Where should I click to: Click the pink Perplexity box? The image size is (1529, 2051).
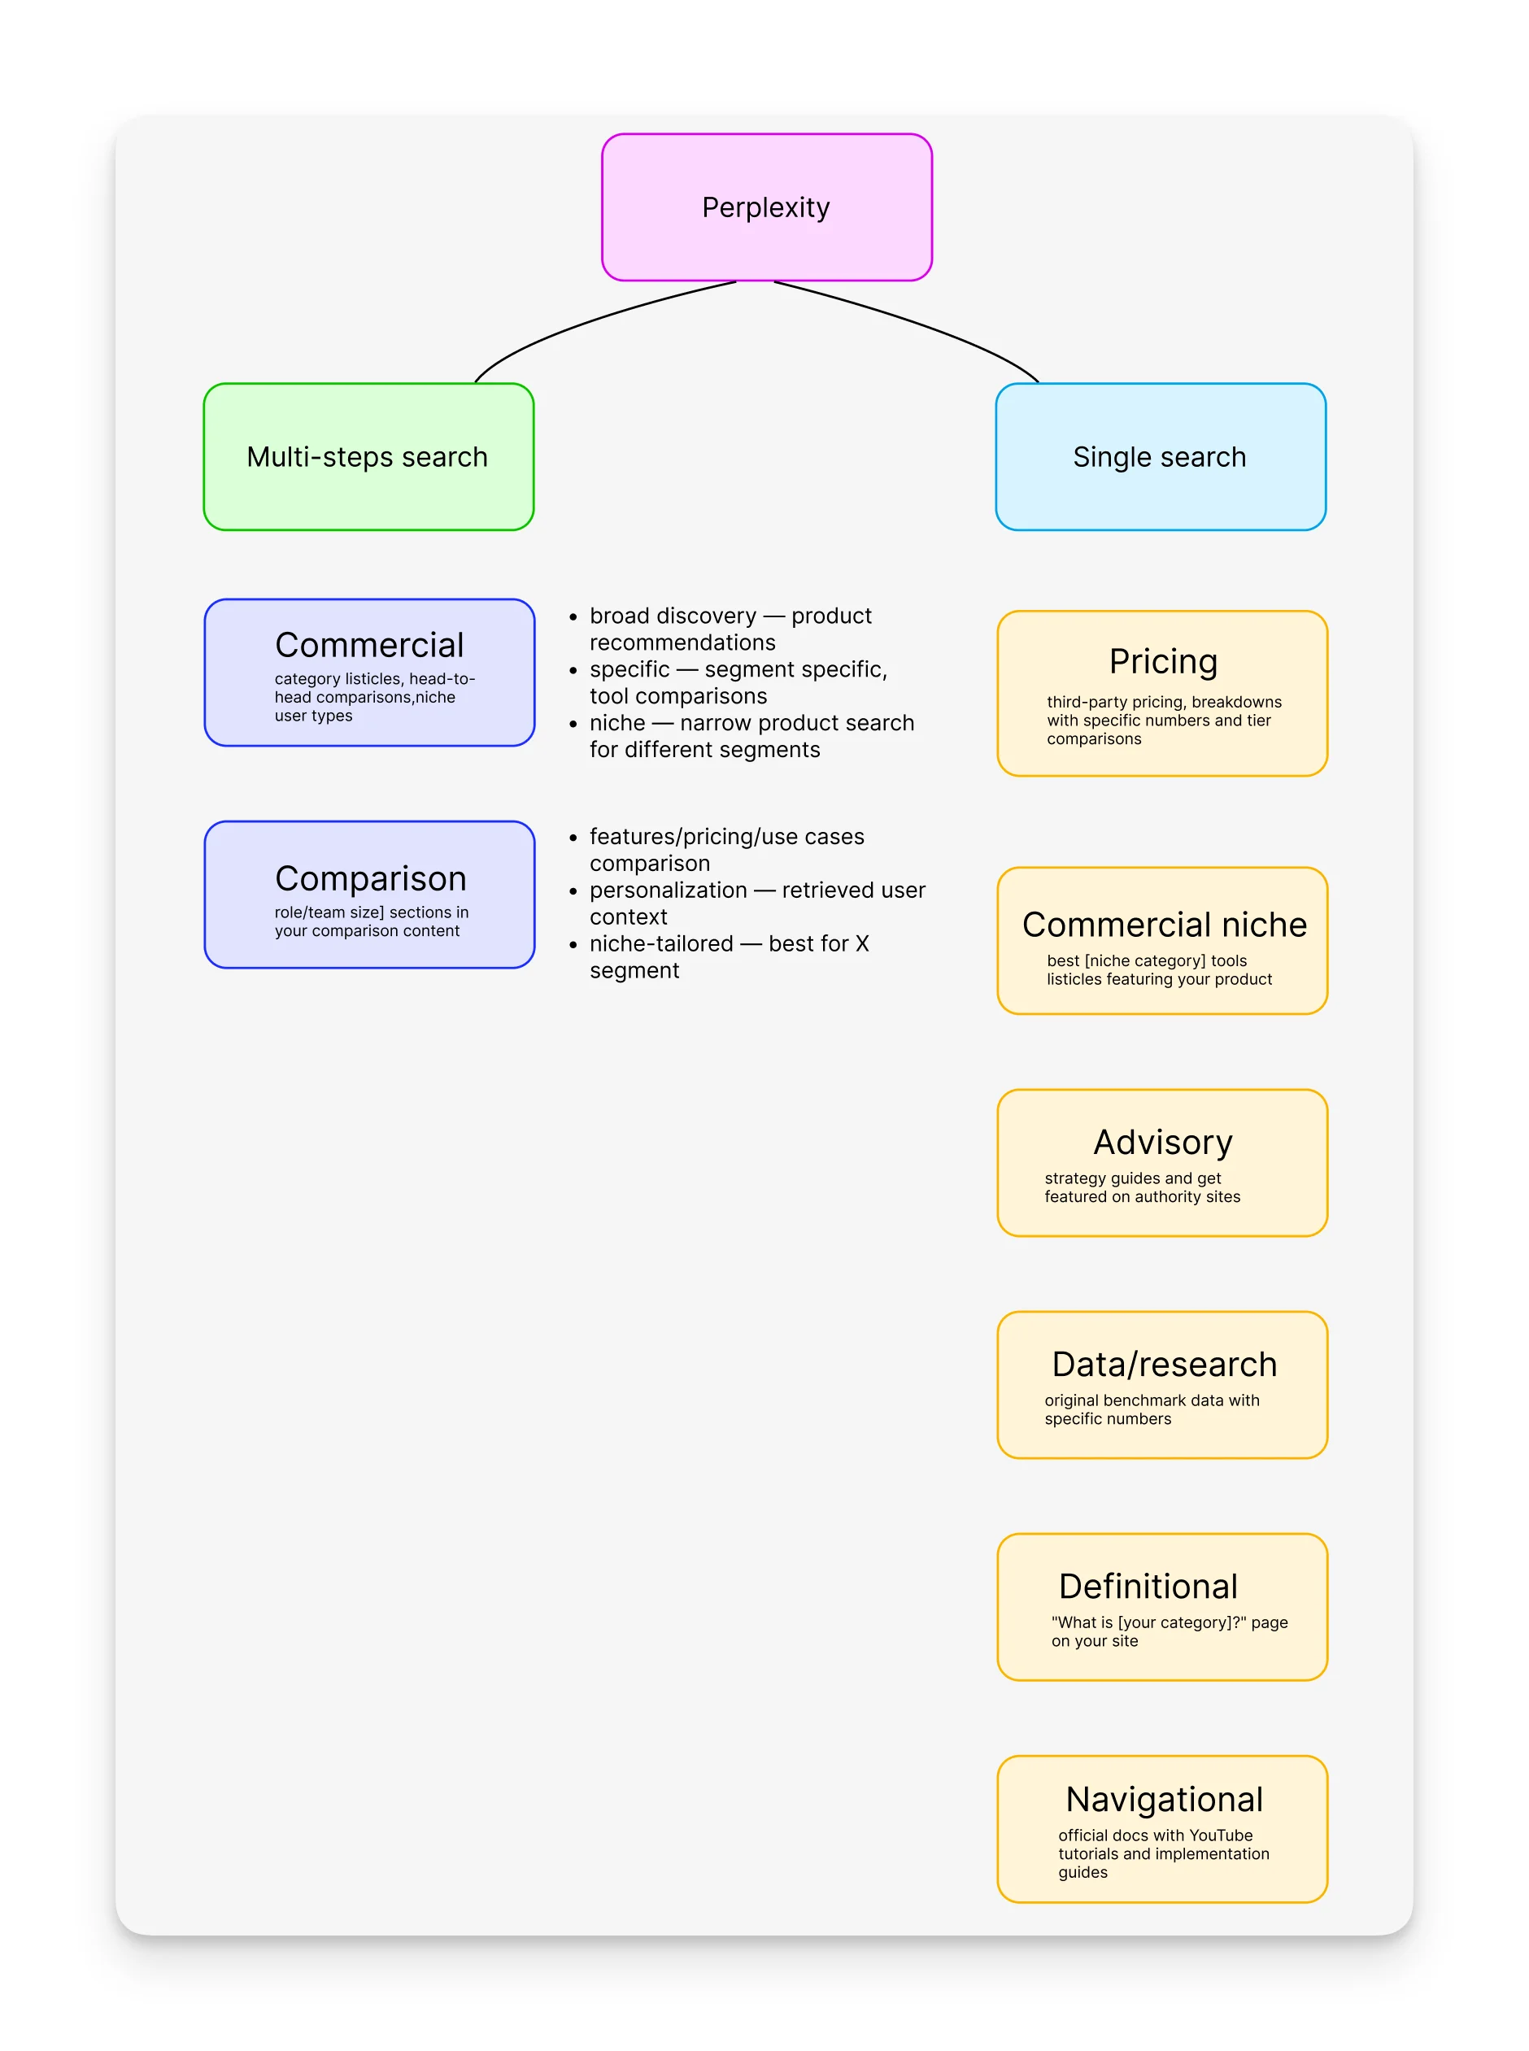click(766, 207)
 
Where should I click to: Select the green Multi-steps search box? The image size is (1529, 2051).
click(368, 457)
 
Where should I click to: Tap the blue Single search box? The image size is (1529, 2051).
click(1161, 457)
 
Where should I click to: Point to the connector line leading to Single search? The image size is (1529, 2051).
click(926, 324)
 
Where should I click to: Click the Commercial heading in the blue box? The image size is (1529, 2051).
click(369, 645)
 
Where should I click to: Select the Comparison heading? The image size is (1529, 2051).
click(370, 878)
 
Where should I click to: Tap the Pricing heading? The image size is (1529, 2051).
click(1163, 662)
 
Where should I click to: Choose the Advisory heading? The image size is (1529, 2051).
click(1163, 1142)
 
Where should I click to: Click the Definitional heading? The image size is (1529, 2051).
click(1148, 1587)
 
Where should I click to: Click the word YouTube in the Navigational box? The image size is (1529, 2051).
click(1221, 1835)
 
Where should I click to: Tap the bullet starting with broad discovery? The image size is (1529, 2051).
click(730, 629)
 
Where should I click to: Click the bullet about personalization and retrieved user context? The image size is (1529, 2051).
click(756, 904)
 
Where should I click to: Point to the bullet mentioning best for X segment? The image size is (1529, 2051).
click(729, 957)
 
